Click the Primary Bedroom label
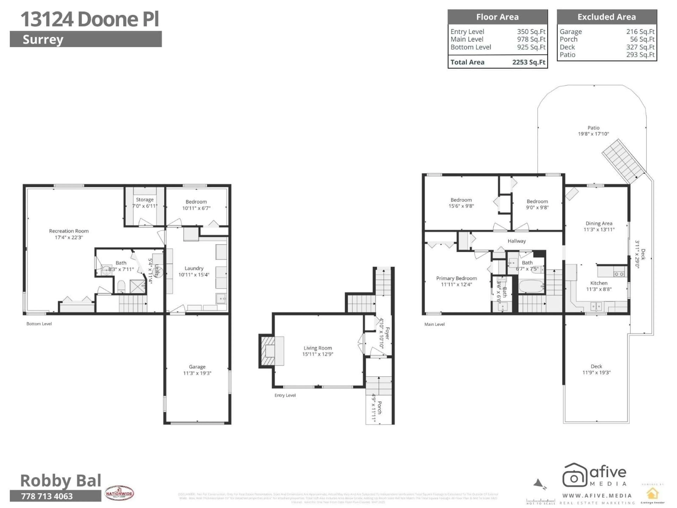(x=456, y=278)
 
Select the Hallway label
(x=516, y=241)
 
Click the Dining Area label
(x=599, y=223)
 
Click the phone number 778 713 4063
(x=47, y=496)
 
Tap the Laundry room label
(x=194, y=268)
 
